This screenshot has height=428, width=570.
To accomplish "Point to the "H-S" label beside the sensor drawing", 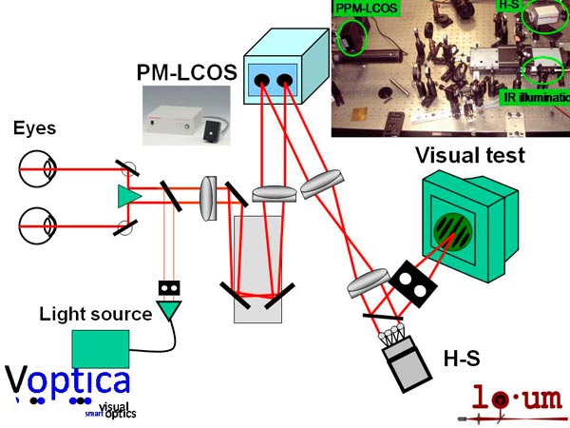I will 462,359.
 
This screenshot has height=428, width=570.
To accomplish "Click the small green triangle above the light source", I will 169,307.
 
